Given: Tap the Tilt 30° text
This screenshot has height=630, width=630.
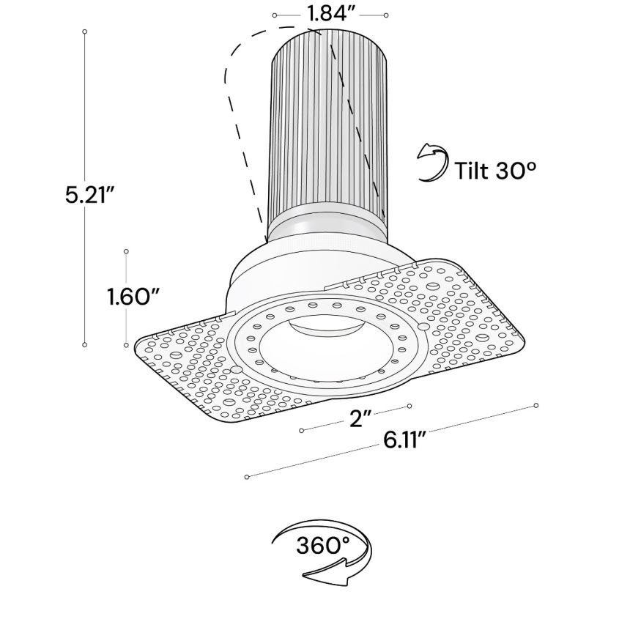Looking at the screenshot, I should tap(496, 171).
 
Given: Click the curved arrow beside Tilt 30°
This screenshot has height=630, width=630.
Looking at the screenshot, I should tap(433, 163).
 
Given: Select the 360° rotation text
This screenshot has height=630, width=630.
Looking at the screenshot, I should tap(323, 545).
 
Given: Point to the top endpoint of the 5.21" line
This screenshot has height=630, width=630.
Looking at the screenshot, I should tap(85, 32).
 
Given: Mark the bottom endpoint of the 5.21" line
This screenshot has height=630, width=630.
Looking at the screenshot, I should tap(85, 343).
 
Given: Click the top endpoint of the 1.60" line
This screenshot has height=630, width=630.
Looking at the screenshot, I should tap(126, 251).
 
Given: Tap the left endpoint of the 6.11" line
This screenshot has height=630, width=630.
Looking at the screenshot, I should tap(248, 477).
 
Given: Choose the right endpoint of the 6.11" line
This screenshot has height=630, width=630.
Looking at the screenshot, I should tap(537, 405).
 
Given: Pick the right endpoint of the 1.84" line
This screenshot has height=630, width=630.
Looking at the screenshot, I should tap(386, 15).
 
